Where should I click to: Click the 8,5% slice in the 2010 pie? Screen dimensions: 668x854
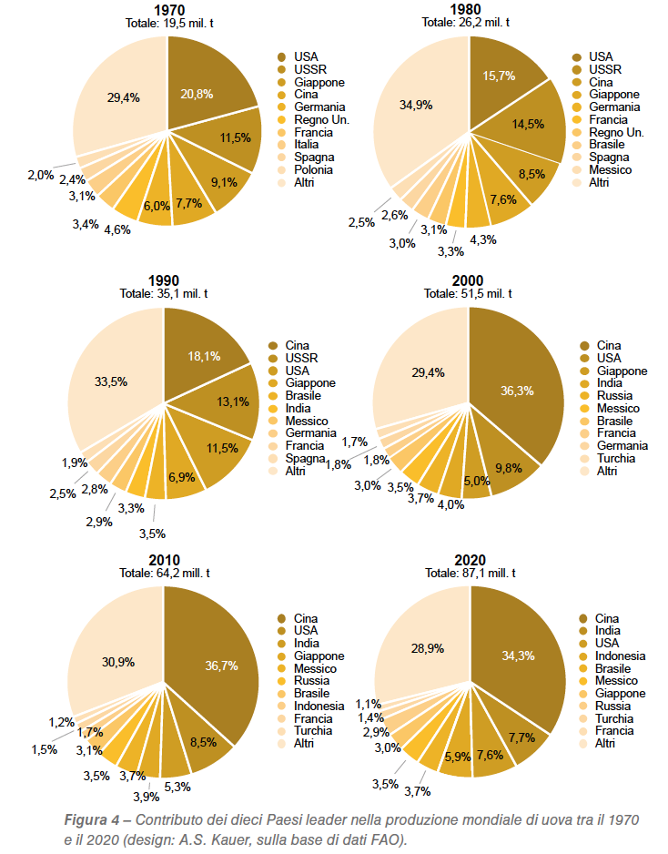204,736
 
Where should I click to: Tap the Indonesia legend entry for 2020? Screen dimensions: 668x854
612,656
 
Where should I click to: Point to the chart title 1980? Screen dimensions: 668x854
465,9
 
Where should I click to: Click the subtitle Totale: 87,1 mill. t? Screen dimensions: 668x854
471,573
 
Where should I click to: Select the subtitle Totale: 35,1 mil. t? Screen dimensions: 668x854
164,293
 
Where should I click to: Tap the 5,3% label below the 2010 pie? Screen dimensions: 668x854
177,787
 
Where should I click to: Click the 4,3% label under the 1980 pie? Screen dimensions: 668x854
483,239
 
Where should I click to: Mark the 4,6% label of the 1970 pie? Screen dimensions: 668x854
117,229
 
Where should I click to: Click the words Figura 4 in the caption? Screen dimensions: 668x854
91,820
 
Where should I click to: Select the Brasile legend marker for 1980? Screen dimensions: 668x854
577,145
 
